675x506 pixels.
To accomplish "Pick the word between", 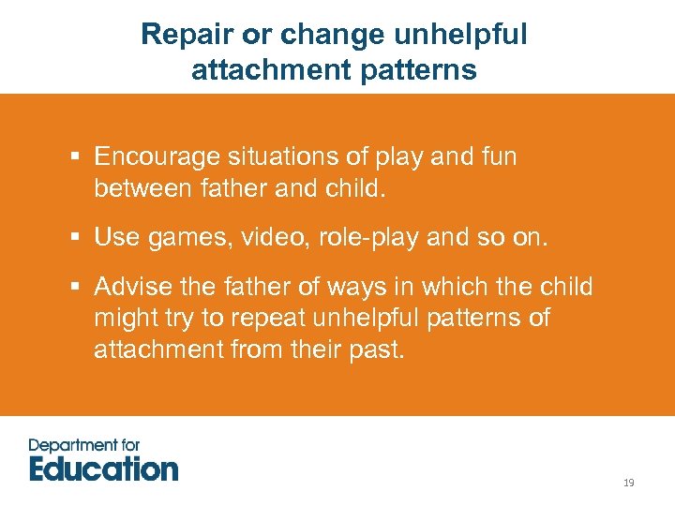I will point(146,189).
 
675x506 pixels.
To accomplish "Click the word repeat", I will point(279,319).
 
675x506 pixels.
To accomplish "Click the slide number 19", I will point(628,483).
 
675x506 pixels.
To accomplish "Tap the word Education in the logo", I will point(103,469).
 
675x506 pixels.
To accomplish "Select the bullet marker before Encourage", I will point(74,157).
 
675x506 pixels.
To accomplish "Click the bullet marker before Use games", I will point(74,238).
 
